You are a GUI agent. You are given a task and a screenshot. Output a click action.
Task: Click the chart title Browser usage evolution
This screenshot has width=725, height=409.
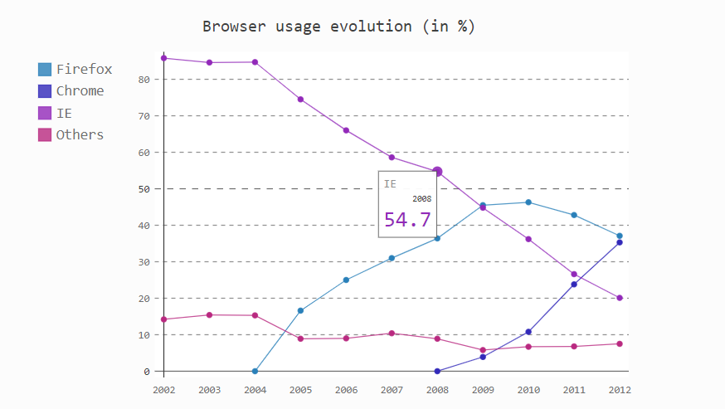338,26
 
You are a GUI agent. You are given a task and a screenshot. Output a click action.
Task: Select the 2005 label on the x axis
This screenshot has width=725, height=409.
300,389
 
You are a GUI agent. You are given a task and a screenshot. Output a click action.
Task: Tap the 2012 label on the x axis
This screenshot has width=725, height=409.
620,389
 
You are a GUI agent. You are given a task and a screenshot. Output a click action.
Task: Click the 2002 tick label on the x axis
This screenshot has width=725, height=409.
163,389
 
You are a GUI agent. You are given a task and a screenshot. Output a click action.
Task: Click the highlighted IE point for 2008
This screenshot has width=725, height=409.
437,172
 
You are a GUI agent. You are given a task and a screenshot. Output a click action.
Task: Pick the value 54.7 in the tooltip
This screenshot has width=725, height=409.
407,220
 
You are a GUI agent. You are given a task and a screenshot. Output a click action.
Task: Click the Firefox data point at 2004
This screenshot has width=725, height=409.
255,371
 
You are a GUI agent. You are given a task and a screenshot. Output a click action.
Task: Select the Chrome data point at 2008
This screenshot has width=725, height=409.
437,371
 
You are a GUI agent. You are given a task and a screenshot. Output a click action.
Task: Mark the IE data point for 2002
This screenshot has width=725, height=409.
164,58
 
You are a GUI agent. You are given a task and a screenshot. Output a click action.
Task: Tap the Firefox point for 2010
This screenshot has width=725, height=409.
528,202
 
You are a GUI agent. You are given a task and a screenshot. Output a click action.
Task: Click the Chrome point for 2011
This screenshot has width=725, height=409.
574,285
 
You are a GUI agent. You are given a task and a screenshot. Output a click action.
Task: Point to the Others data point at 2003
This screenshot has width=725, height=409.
209,315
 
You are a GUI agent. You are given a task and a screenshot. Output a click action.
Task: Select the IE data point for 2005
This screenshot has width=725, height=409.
300,100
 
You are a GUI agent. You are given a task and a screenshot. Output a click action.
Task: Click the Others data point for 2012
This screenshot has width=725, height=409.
620,343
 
